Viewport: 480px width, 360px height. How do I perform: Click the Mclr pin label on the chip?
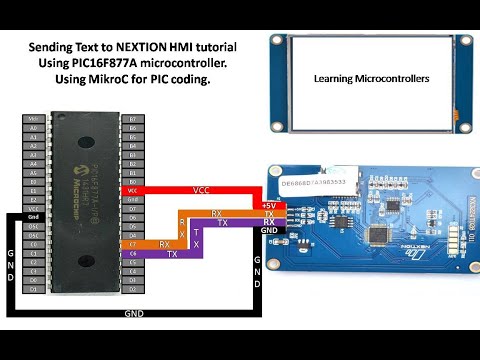point(34,119)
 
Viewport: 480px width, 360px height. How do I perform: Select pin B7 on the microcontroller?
point(132,119)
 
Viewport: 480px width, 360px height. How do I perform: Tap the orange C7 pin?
point(132,243)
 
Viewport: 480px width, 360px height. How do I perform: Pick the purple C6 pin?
point(132,252)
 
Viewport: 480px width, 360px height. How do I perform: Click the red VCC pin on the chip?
point(132,190)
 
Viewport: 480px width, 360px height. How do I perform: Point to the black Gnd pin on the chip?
point(34,216)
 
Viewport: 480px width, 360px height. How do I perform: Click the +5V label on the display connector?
point(268,205)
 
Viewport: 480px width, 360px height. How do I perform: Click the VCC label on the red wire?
point(200,188)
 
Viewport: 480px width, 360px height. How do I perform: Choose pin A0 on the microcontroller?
point(34,128)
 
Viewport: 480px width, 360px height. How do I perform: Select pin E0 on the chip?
point(34,181)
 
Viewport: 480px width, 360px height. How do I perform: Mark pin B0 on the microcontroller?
point(132,181)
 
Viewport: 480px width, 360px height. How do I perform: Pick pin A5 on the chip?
point(34,172)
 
